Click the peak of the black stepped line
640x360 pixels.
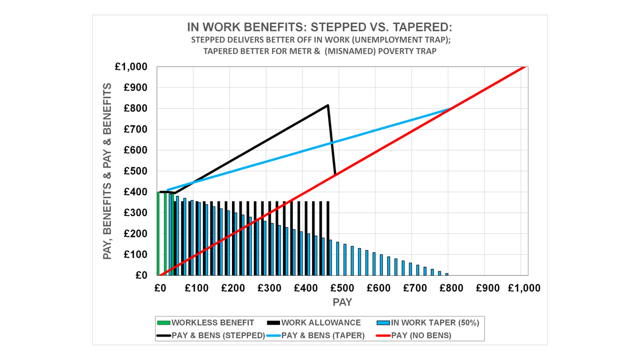click(x=327, y=105)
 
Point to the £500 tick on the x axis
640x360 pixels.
click(x=342, y=288)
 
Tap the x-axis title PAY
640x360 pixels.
click(x=342, y=302)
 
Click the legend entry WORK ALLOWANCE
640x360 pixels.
click(x=321, y=323)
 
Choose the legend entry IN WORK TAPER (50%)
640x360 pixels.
click(x=435, y=323)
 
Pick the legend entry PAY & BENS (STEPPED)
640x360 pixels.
click(x=218, y=335)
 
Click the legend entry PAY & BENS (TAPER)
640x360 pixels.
click(x=323, y=335)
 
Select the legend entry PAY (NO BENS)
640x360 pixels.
click(x=421, y=335)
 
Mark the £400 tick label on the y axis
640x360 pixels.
click(x=136, y=192)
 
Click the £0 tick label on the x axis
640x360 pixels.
click(x=159, y=288)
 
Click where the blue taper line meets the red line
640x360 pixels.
click(x=451, y=109)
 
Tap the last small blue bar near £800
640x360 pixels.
click(x=447, y=274)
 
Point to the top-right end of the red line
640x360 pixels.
click(x=525, y=67)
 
